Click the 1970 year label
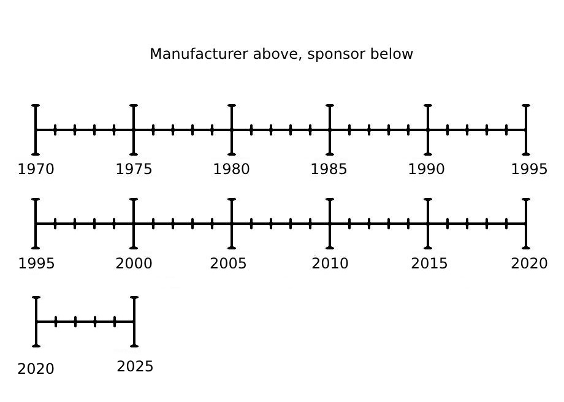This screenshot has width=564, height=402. click(x=36, y=169)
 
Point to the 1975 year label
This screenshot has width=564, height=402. click(x=134, y=169)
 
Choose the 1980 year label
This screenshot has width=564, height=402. click(x=231, y=169)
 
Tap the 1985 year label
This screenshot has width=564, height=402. click(x=329, y=169)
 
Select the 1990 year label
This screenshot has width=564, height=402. click(x=426, y=169)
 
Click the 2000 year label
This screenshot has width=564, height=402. click(x=134, y=264)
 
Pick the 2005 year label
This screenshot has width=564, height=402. click(x=229, y=264)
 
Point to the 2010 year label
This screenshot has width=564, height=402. click(x=330, y=264)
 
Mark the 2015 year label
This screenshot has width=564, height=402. click(x=429, y=264)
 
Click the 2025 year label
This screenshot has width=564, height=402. click(x=135, y=366)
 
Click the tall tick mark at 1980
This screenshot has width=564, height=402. click(x=232, y=130)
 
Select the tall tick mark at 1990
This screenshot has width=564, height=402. click(x=428, y=130)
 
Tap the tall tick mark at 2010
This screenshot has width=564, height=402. click(x=330, y=224)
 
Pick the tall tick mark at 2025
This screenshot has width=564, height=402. click(x=134, y=322)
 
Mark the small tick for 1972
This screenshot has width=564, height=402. click(x=75, y=130)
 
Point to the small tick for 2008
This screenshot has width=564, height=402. click(x=291, y=224)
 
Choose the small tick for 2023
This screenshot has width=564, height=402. click(x=95, y=322)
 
